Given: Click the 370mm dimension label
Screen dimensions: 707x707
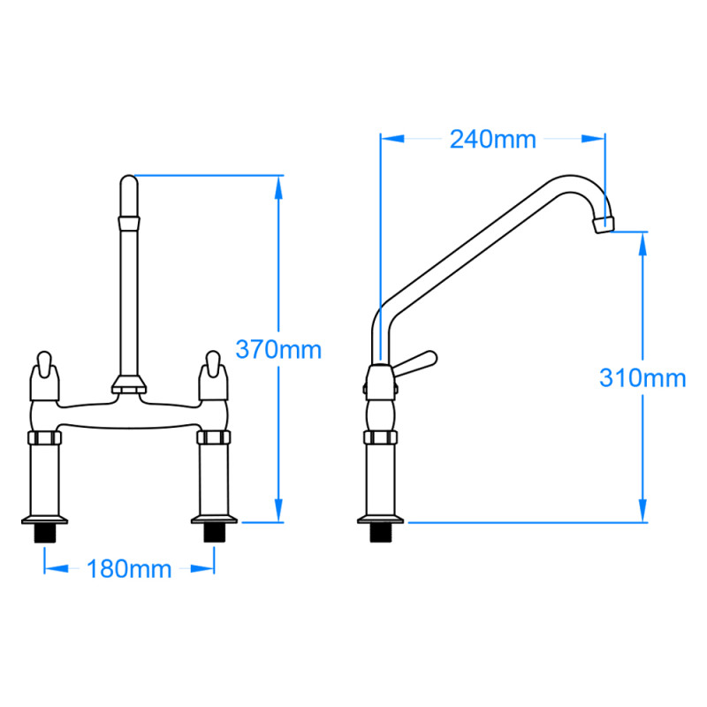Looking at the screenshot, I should (278, 349).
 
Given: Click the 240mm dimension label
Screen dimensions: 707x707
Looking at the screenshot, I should (493, 140).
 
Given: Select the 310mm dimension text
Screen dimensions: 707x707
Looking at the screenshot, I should (642, 378).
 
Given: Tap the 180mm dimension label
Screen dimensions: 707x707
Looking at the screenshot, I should (129, 568).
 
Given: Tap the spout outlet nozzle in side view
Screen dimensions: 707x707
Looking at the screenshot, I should (604, 223).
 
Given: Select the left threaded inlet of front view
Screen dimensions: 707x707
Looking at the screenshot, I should (43, 533).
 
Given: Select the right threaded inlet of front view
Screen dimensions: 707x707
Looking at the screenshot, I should (213, 533).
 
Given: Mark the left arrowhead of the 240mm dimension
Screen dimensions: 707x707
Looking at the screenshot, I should (390, 138).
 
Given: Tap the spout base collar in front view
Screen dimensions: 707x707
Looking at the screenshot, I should (129, 384).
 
